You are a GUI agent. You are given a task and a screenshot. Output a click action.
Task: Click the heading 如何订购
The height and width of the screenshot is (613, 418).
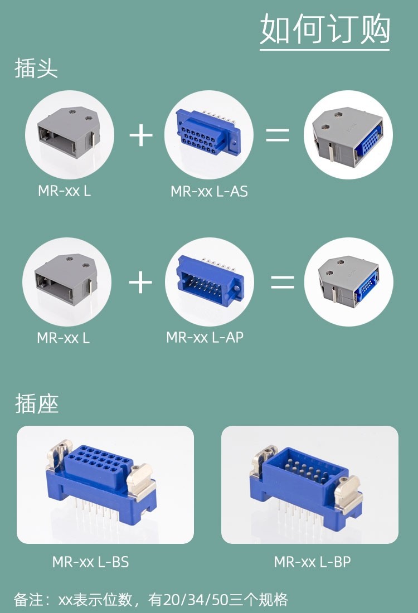(325, 29)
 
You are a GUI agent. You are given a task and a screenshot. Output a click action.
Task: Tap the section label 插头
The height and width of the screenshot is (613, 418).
(36, 69)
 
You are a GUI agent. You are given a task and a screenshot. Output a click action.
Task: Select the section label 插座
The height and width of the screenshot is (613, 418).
(37, 403)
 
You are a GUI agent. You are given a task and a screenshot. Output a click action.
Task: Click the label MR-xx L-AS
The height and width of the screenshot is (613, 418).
(209, 192)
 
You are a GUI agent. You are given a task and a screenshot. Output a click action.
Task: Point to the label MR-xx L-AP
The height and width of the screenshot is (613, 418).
(205, 338)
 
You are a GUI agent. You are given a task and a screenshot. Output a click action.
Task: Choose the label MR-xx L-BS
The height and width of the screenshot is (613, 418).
(90, 562)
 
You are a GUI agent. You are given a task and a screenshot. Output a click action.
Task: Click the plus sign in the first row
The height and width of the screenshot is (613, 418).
(141, 135)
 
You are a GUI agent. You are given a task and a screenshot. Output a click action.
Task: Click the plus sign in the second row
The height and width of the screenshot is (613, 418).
(140, 283)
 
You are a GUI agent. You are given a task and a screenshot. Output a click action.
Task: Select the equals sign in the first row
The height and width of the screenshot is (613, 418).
(277, 135)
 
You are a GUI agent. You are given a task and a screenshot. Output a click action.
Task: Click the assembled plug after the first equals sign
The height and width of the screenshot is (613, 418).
(348, 135)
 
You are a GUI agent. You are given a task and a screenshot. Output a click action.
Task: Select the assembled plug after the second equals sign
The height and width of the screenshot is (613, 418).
(348, 281)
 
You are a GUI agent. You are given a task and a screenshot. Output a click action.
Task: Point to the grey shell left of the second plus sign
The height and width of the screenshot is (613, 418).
(66, 281)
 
